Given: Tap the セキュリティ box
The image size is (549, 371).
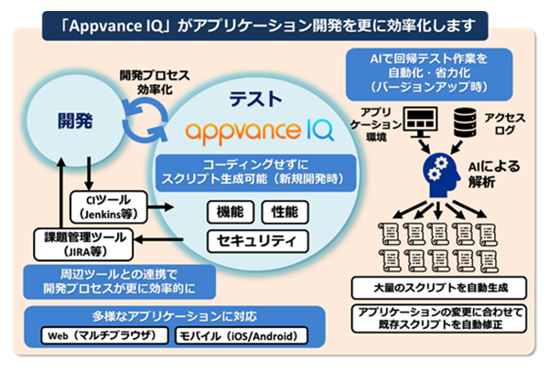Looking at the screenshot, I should [256, 241].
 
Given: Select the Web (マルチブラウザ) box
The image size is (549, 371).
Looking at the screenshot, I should [105, 336].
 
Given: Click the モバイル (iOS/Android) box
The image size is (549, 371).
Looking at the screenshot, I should [240, 336].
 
